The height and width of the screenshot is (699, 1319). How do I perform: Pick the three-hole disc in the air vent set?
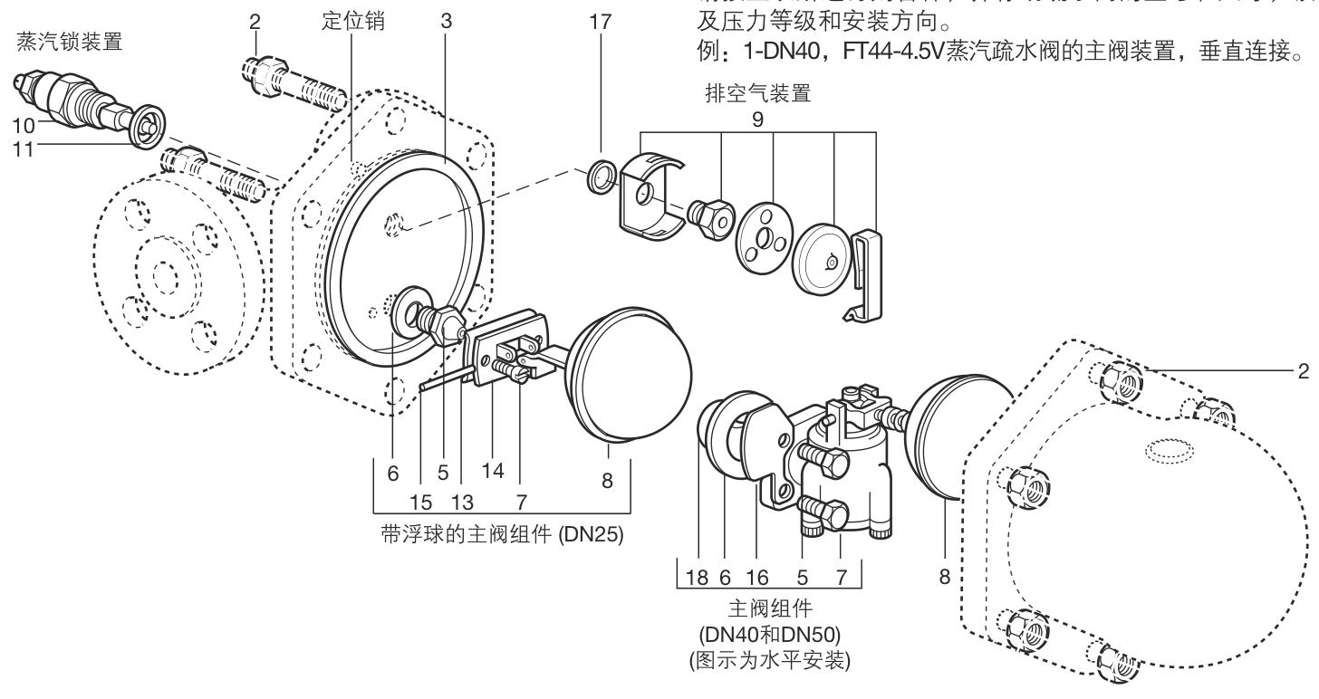[x=764, y=235]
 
